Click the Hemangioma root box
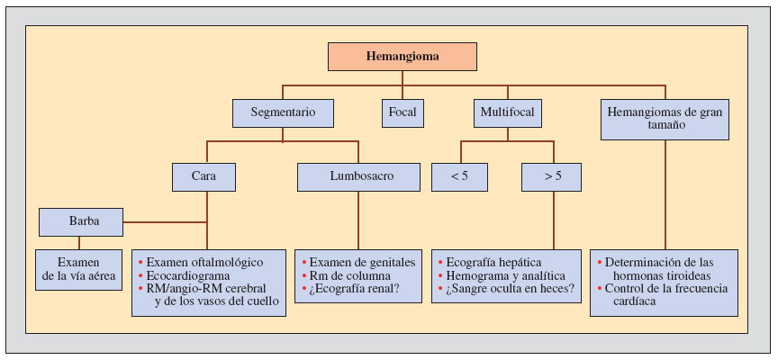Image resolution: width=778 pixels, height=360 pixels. (x=402, y=57)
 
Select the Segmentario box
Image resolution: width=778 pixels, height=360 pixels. (x=283, y=112)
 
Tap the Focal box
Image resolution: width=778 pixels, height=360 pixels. (x=403, y=112)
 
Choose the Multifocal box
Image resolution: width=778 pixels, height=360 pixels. (x=506, y=112)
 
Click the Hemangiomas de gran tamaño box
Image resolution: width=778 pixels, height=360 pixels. (x=665, y=119)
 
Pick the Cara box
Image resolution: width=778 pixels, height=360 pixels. (x=204, y=176)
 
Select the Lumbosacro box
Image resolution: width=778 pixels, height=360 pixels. (x=357, y=176)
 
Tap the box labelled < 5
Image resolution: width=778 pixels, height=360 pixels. (x=460, y=176)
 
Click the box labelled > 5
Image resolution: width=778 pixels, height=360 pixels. (x=551, y=176)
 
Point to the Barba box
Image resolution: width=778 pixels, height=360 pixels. (x=81, y=221)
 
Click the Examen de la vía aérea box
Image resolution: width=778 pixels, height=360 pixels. (x=79, y=269)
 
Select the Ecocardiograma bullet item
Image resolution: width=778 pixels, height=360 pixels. (x=188, y=275)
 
